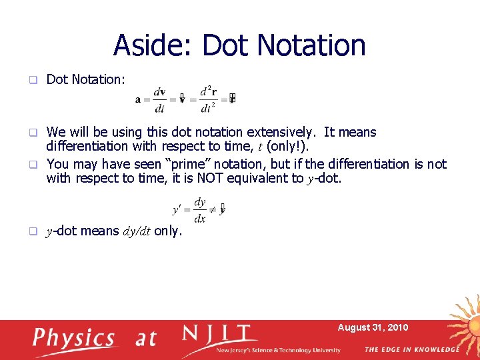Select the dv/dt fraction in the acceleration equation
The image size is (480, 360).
click(x=160, y=99)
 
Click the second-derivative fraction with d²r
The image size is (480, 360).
click(x=207, y=99)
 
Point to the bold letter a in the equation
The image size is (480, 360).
click(x=138, y=99)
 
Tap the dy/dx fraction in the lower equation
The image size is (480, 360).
click(x=200, y=209)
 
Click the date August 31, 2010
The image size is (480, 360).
click(x=373, y=327)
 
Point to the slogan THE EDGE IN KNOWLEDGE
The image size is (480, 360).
click(x=412, y=349)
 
